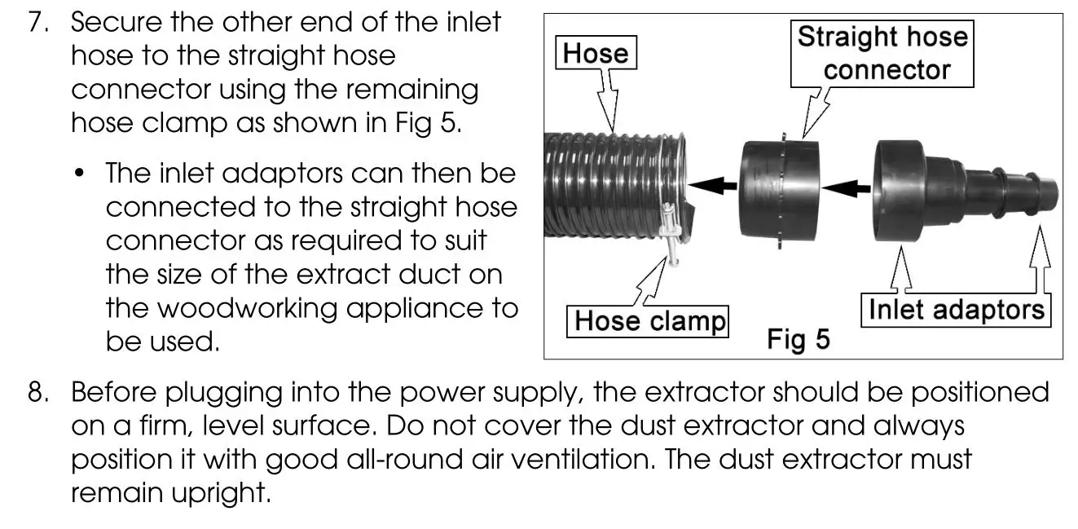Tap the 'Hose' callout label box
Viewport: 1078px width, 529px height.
coord(596,54)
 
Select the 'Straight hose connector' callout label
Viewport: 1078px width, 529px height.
coord(882,54)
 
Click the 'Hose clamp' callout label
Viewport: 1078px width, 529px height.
coord(649,321)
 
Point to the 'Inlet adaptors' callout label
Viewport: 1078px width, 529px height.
coord(956,310)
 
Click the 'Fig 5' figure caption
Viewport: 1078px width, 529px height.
coord(798,339)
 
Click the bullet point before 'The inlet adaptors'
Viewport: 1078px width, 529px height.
coord(80,174)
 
